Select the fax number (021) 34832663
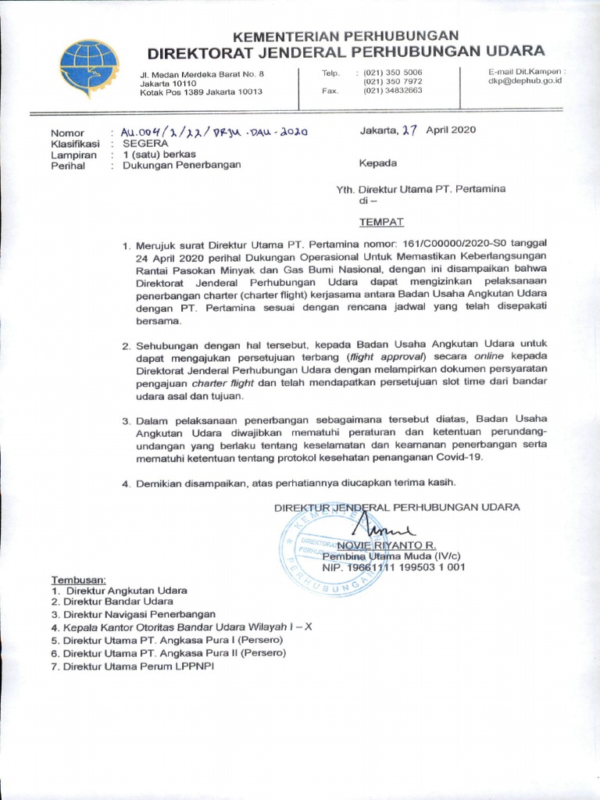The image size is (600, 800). (392, 90)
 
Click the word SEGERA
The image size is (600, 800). (145, 144)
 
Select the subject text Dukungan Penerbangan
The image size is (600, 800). (182, 165)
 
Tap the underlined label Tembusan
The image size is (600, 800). (78, 580)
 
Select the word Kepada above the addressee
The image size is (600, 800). (378, 163)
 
